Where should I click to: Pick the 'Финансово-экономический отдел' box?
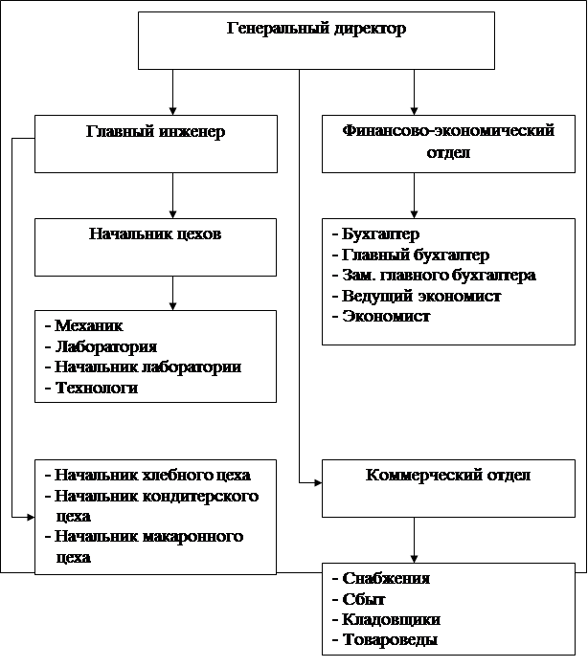point(447,145)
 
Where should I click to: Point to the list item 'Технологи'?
point(96,388)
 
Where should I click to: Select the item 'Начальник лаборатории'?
point(147,367)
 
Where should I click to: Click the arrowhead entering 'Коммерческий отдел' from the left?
point(316,483)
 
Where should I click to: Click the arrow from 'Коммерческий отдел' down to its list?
point(414,540)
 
